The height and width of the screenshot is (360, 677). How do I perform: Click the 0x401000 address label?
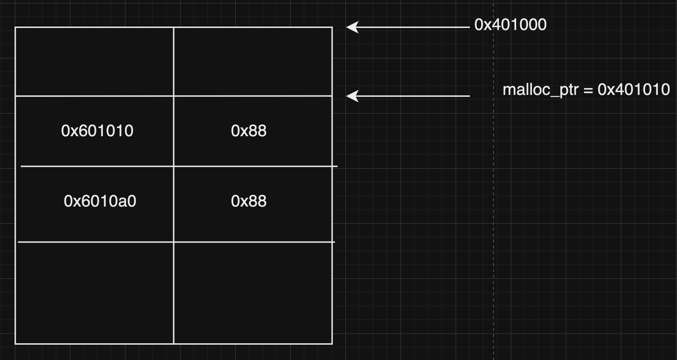tap(510, 25)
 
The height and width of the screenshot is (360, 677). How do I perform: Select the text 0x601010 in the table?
tap(97, 131)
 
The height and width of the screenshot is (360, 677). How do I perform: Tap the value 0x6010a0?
tap(100, 201)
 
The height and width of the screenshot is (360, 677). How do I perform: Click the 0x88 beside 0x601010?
tap(249, 131)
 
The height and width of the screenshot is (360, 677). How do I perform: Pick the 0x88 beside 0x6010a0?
tap(249, 201)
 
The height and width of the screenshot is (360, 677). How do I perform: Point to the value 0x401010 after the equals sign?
tap(634, 90)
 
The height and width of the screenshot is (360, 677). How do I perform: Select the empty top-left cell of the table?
tap(94, 61)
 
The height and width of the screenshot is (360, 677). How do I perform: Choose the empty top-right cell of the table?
tap(253, 61)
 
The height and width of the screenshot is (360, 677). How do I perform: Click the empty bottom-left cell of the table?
tap(94, 293)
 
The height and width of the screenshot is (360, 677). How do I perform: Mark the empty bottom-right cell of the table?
tap(253, 293)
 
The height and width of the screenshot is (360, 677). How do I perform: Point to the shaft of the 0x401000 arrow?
tap(413, 28)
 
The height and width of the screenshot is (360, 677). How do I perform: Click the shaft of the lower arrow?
tap(413, 96)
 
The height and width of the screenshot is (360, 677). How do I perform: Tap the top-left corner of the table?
tap(16, 28)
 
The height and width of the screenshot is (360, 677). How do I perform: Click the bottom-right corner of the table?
tap(332, 343)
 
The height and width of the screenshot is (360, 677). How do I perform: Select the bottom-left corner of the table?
tap(16, 343)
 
